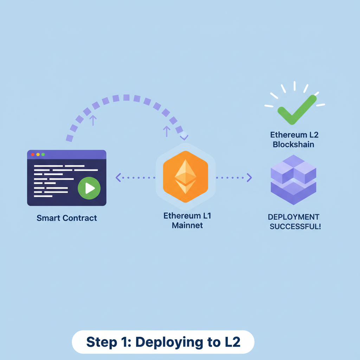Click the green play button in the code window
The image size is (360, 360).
point(89,188)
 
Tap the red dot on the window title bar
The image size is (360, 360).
point(33,154)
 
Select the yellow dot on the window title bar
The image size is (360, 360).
point(38,154)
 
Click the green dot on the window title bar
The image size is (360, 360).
point(43,154)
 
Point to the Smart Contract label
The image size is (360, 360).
point(66,218)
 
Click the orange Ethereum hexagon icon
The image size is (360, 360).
point(186,177)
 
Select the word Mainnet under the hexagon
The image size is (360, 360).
point(187,225)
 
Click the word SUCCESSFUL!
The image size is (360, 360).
point(295,226)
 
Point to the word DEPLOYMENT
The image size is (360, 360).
point(294,217)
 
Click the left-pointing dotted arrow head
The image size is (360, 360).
point(118,178)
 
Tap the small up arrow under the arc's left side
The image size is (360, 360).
point(93,120)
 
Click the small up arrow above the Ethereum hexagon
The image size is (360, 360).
point(167,131)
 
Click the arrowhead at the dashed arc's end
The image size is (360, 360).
point(184,136)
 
